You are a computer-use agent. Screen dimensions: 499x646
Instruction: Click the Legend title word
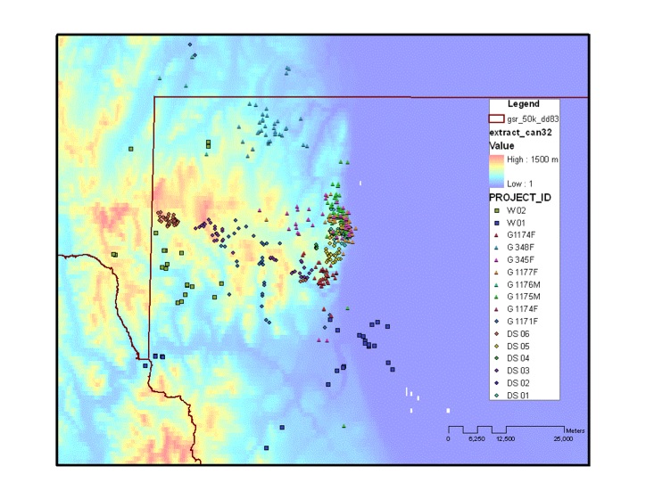tap(523, 104)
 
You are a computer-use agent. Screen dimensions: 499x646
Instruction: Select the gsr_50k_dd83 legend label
tap(532, 118)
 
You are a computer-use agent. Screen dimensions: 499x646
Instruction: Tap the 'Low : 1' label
tap(524, 182)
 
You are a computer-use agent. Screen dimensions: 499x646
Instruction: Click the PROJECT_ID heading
tap(523, 196)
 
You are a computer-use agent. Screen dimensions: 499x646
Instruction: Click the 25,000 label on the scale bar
tap(562, 439)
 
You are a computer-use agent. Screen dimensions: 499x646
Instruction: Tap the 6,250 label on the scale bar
tap(476, 439)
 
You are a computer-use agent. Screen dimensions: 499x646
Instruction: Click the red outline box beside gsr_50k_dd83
tap(495, 118)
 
